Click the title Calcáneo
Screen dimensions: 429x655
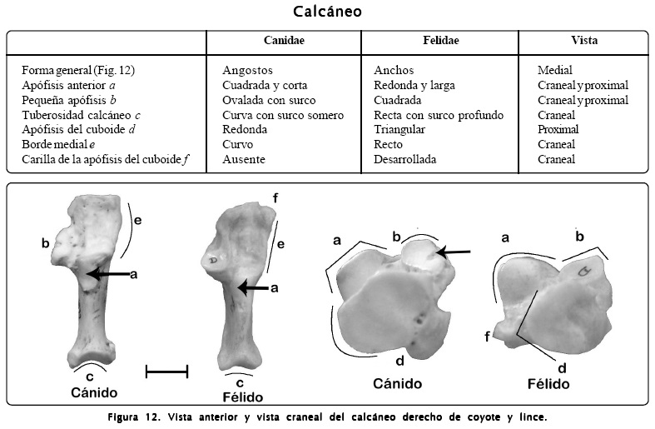click(327, 12)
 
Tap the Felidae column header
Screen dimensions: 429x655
click(441, 41)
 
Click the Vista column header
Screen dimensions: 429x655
click(583, 41)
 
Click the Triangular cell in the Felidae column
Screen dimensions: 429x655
click(399, 130)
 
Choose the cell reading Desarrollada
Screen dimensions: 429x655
click(404, 159)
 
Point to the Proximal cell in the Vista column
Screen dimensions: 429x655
click(558, 130)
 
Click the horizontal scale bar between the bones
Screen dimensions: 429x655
click(166, 371)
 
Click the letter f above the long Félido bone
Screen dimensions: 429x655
click(275, 198)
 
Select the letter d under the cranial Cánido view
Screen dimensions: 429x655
click(399, 360)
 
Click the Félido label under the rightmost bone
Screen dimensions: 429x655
click(548, 384)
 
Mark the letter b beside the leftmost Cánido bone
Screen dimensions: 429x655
click(45, 243)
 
